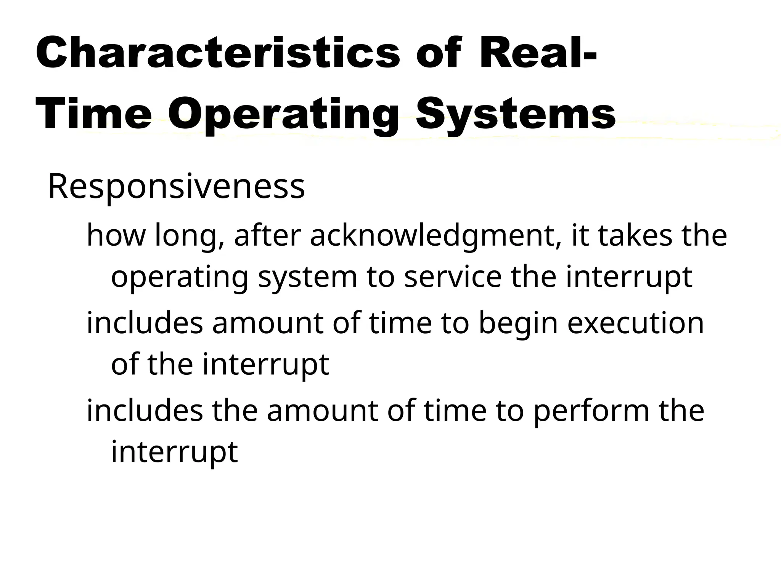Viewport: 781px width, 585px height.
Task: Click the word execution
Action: [635, 323]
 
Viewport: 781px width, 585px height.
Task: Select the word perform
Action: [591, 411]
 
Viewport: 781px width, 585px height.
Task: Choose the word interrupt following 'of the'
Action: [265, 365]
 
